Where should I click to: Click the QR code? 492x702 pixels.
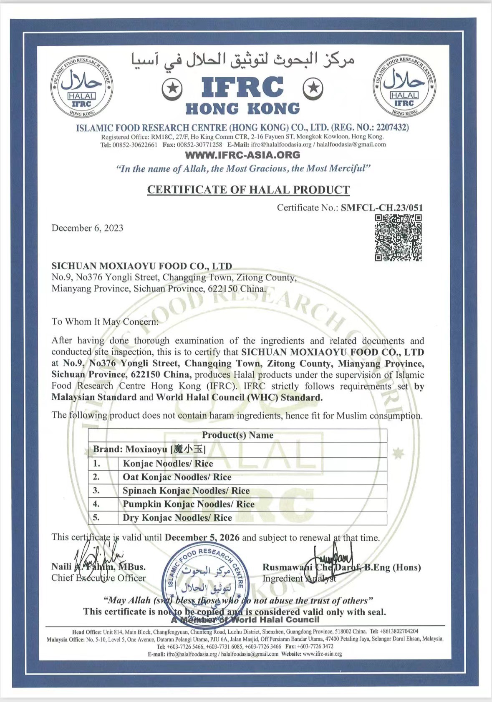point(398,238)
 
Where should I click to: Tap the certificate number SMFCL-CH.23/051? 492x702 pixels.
point(382,208)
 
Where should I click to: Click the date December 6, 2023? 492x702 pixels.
point(87,228)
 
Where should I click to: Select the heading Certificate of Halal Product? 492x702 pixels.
point(248,190)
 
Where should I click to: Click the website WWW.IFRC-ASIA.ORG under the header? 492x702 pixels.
point(242,155)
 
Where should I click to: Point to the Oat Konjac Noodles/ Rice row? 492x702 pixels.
point(177,477)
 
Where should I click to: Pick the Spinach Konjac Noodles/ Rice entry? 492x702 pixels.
point(186,491)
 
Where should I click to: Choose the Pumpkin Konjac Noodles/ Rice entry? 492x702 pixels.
point(189,504)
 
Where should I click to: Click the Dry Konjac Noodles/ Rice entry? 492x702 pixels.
point(177,518)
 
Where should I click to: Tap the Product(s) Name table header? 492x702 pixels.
point(237,435)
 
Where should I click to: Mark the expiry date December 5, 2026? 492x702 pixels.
point(202,538)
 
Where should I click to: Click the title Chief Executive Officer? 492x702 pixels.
point(98,578)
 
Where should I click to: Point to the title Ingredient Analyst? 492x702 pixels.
point(299,579)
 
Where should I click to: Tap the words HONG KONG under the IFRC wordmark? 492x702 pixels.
point(242,109)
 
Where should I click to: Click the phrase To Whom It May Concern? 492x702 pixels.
point(105,322)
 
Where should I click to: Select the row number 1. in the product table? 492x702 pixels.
point(96,464)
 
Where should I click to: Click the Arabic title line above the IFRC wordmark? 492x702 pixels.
point(242,61)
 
